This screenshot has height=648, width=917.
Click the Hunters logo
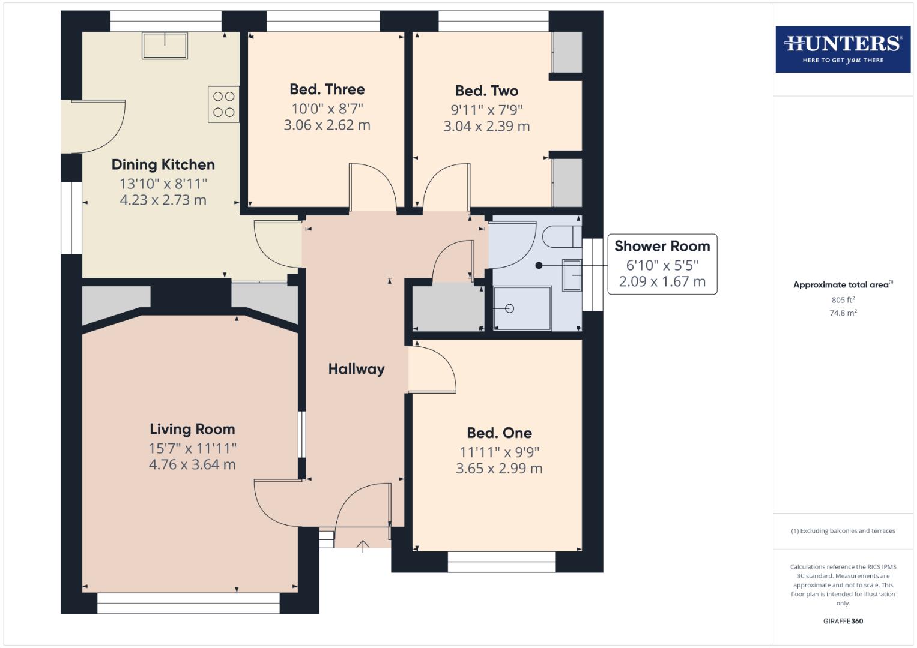[843, 49]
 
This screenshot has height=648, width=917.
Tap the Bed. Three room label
[327, 89]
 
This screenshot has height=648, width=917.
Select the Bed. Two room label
[486, 91]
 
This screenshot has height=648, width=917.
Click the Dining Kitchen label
[163, 165]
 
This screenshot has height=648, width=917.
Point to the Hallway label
[356, 369]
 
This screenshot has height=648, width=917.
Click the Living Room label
[192, 430]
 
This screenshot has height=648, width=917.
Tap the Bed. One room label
[499, 433]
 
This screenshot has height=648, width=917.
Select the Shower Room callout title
[662, 246]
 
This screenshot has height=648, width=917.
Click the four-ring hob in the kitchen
[223, 104]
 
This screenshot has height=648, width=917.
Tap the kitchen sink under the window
[164, 46]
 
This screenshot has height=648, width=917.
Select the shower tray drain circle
[510, 308]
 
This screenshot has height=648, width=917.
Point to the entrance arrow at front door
[363, 546]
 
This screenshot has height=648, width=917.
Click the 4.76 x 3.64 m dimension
[192, 464]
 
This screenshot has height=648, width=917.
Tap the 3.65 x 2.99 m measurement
[499, 469]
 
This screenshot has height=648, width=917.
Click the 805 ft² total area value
[843, 300]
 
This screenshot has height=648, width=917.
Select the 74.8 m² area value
[843, 313]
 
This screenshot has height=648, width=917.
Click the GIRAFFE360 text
[843, 621]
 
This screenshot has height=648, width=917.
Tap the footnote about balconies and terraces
[843, 531]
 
